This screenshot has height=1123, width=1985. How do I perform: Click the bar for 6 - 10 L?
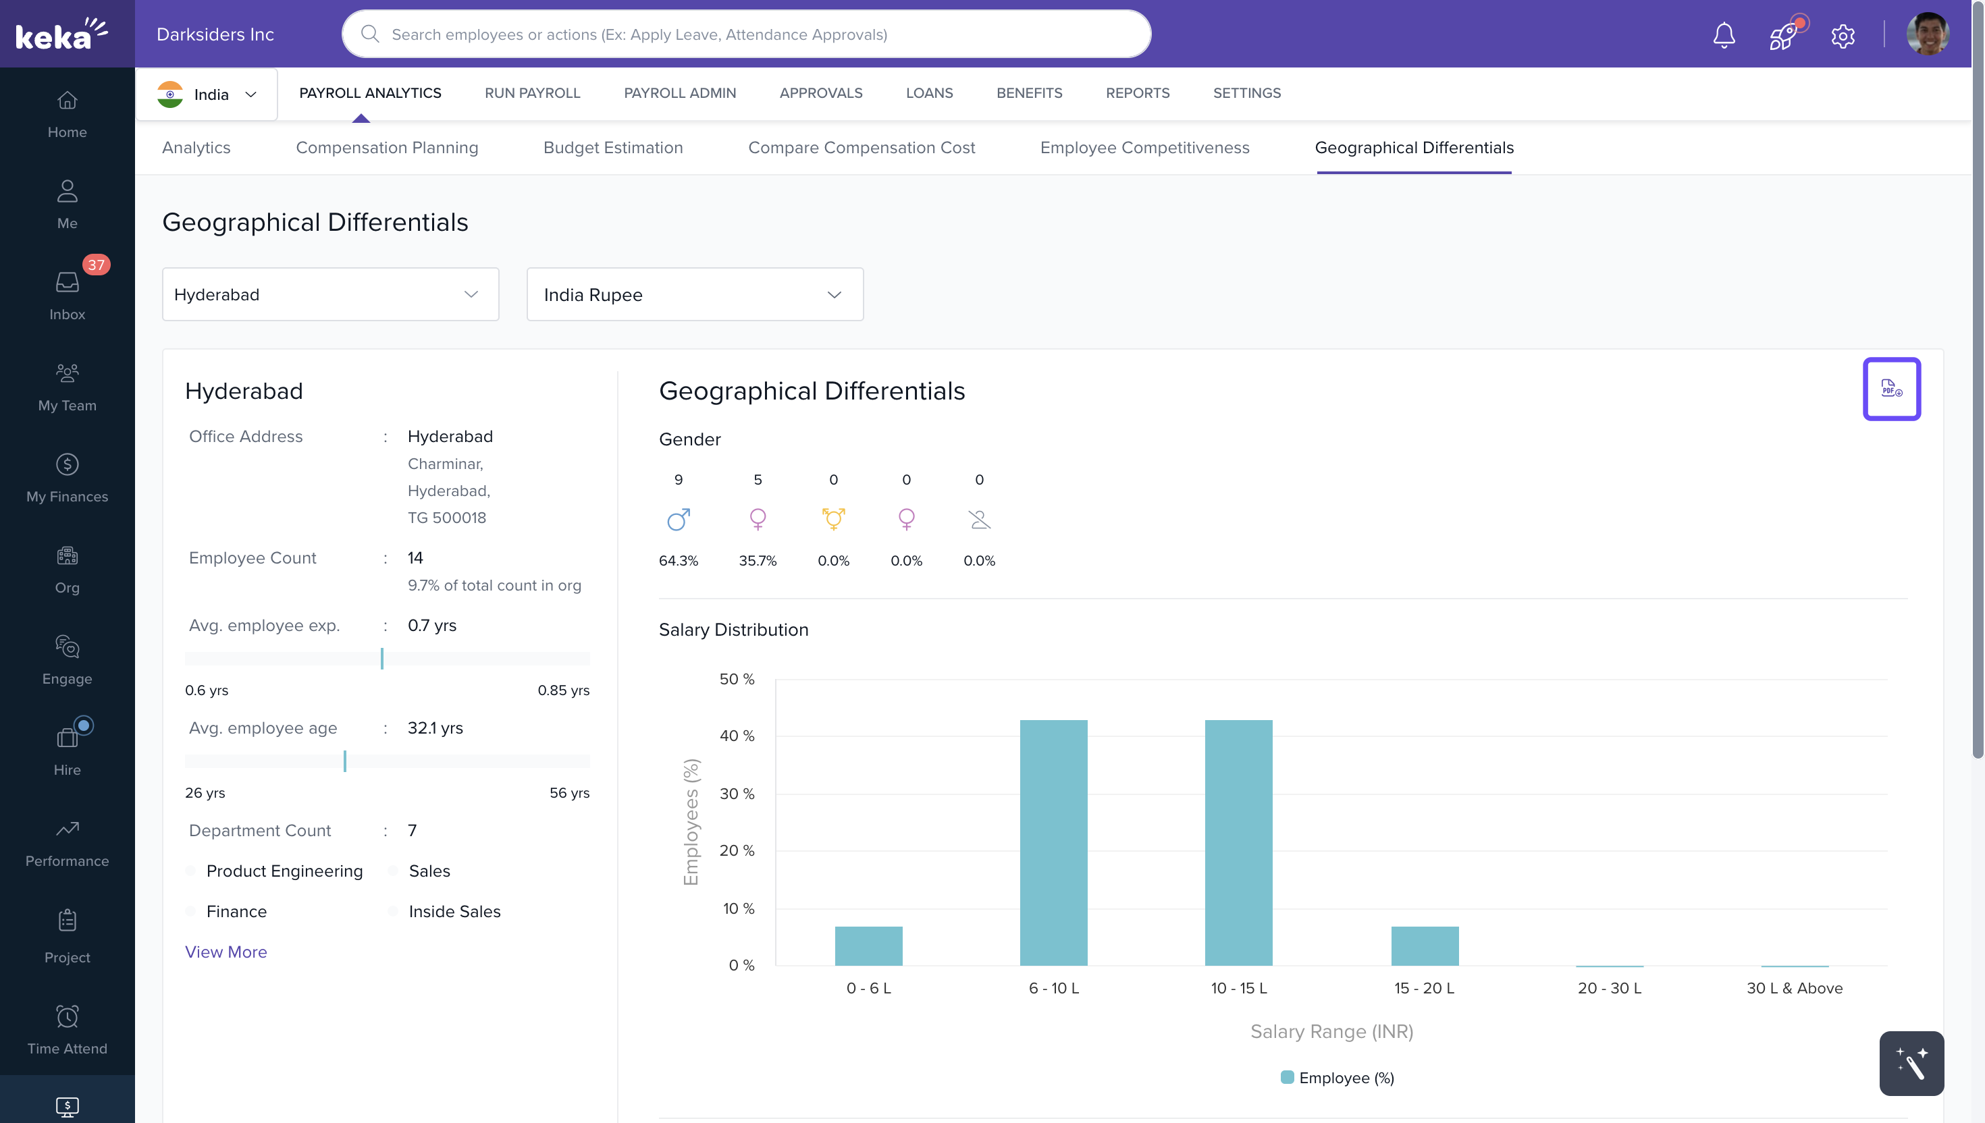[x=1053, y=842]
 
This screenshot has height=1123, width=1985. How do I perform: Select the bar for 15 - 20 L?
[x=1424, y=946]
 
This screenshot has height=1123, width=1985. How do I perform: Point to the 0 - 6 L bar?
[x=868, y=946]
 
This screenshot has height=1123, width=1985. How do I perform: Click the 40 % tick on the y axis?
[x=737, y=736]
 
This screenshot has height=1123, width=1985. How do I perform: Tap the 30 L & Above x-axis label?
[x=1794, y=988]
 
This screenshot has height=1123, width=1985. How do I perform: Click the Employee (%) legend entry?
[x=1337, y=1078]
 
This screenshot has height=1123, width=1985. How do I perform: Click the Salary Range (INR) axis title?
[x=1331, y=1031]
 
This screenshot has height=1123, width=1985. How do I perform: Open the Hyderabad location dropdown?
[x=330, y=295]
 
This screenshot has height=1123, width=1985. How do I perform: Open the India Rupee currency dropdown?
[x=694, y=295]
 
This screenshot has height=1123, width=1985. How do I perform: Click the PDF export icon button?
[x=1891, y=389]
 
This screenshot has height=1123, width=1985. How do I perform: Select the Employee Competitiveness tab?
[x=1144, y=147]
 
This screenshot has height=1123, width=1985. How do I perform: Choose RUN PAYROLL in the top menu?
[x=531, y=93]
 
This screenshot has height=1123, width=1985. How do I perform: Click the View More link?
[x=226, y=952]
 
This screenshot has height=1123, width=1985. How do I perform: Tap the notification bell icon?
[x=1724, y=34]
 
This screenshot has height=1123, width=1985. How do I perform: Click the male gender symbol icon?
[x=678, y=519]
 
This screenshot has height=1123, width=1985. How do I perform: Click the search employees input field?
[x=746, y=34]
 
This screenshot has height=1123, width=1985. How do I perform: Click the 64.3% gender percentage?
[x=678, y=561]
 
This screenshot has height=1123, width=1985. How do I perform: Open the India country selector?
[x=207, y=94]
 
